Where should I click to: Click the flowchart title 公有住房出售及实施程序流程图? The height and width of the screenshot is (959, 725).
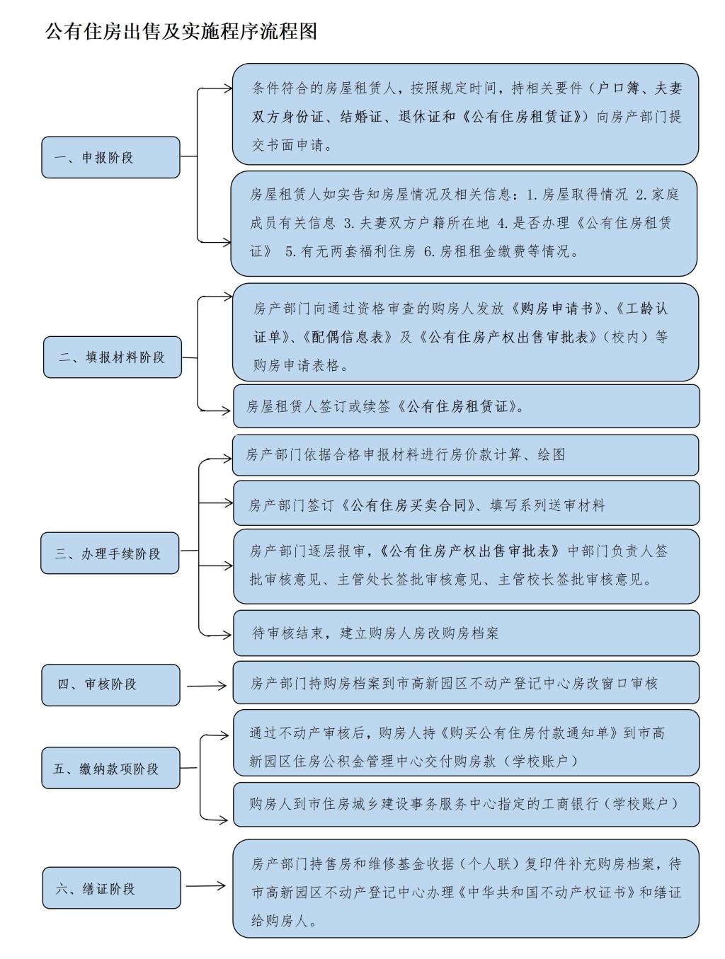click(181, 31)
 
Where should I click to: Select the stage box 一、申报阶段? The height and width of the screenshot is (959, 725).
click(110, 157)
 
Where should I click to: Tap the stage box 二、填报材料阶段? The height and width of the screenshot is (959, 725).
click(113, 357)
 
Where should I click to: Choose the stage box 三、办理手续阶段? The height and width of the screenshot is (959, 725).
click(110, 553)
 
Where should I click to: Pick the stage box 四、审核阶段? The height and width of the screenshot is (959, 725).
click(110, 685)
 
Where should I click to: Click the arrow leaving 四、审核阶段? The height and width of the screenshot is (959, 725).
click(206, 686)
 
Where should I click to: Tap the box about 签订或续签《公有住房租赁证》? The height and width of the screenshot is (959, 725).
click(467, 406)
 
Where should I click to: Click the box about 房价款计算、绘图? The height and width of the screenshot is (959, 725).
click(465, 455)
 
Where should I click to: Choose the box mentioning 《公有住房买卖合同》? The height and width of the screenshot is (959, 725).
click(467, 503)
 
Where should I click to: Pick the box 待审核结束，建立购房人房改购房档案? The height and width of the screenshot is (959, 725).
click(467, 633)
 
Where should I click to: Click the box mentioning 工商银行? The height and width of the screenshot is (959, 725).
click(467, 804)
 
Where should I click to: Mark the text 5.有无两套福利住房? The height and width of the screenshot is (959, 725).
click(350, 251)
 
